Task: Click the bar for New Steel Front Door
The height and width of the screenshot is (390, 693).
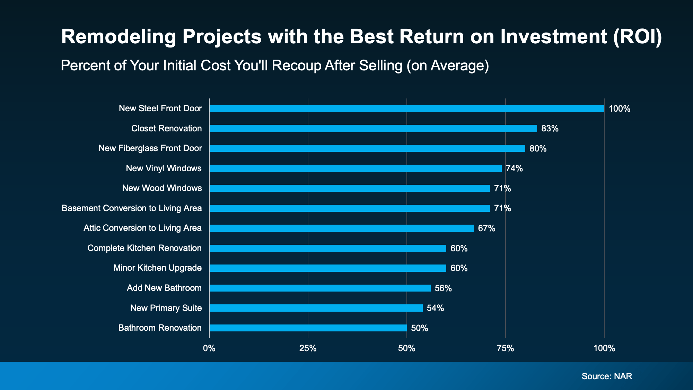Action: click(x=407, y=109)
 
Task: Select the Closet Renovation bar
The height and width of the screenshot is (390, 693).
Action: click(x=373, y=129)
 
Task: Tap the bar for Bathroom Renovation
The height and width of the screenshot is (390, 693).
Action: click(x=308, y=328)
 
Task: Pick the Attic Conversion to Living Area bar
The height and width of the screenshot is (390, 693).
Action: click(x=342, y=228)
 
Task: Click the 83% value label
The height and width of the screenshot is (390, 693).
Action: click(x=550, y=129)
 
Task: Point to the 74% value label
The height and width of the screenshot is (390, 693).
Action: click(x=514, y=168)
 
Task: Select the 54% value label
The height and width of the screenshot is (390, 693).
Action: click(x=435, y=308)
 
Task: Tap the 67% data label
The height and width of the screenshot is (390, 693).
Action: click(x=486, y=228)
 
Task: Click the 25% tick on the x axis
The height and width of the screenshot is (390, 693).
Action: click(x=308, y=348)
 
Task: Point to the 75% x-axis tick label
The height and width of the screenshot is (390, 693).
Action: click(x=505, y=348)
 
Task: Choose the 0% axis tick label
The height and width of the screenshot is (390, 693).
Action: click(x=209, y=348)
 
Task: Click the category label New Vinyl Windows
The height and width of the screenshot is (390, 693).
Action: click(x=164, y=168)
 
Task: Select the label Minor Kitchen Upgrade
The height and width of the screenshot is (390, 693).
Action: click(x=157, y=268)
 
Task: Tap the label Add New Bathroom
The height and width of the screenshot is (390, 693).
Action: click(x=164, y=288)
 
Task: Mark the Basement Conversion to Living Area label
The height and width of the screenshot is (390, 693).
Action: click(x=132, y=208)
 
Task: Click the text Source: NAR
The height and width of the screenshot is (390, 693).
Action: click(x=607, y=376)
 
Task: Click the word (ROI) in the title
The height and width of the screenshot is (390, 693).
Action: click(x=637, y=36)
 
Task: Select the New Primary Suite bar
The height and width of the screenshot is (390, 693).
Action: click(x=316, y=308)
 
